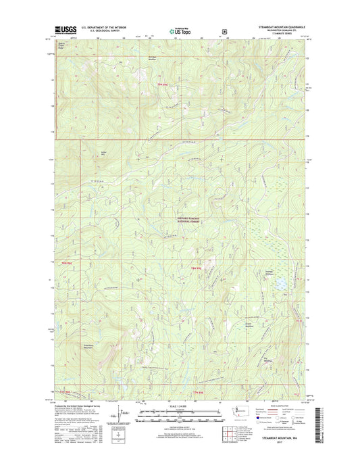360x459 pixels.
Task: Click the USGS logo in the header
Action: pyautogui.click(x=62, y=29)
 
